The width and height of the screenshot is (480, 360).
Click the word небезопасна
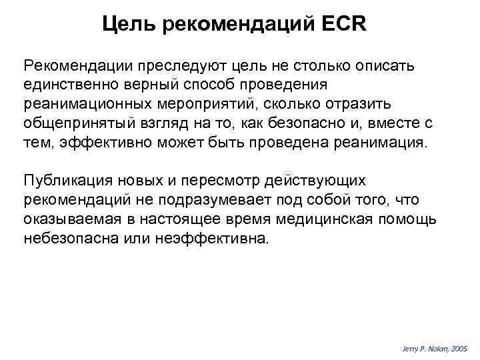pos(69,239)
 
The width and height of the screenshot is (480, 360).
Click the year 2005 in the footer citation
pos(459,349)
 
